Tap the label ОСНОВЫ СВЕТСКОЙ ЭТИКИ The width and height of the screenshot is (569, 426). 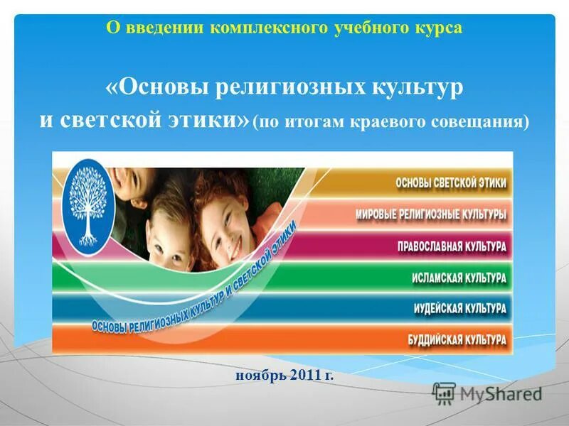click(x=451, y=182)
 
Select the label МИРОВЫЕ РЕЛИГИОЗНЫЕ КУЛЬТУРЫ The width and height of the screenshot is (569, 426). click(x=431, y=214)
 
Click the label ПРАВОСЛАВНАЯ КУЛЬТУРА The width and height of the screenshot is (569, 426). click(x=452, y=246)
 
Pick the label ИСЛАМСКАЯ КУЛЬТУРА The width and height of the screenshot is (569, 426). click(x=459, y=278)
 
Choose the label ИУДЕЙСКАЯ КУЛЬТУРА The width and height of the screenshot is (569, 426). click(x=459, y=308)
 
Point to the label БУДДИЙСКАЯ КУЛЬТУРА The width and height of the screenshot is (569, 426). click(x=457, y=339)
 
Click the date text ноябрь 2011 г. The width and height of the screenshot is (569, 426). click(x=284, y=374)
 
